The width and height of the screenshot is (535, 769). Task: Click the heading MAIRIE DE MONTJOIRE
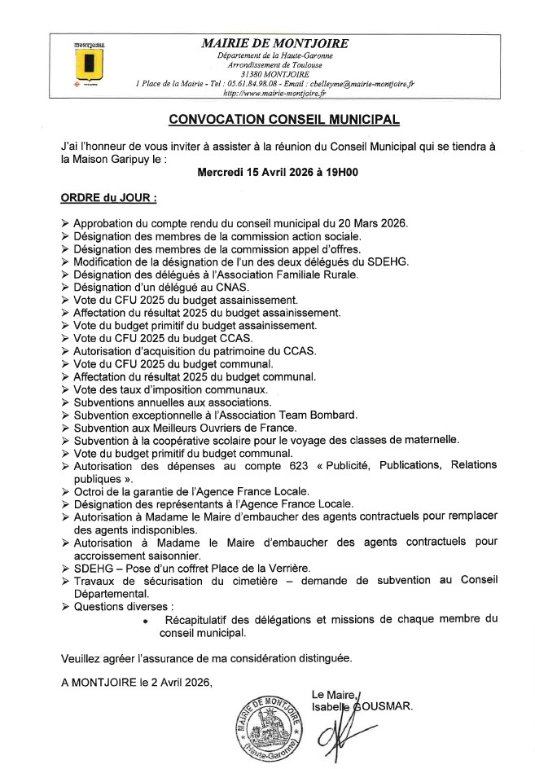point(274,43)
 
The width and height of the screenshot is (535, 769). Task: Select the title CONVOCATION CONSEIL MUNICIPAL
point(283,119)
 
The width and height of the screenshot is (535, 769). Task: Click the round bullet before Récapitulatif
point(144,620)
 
